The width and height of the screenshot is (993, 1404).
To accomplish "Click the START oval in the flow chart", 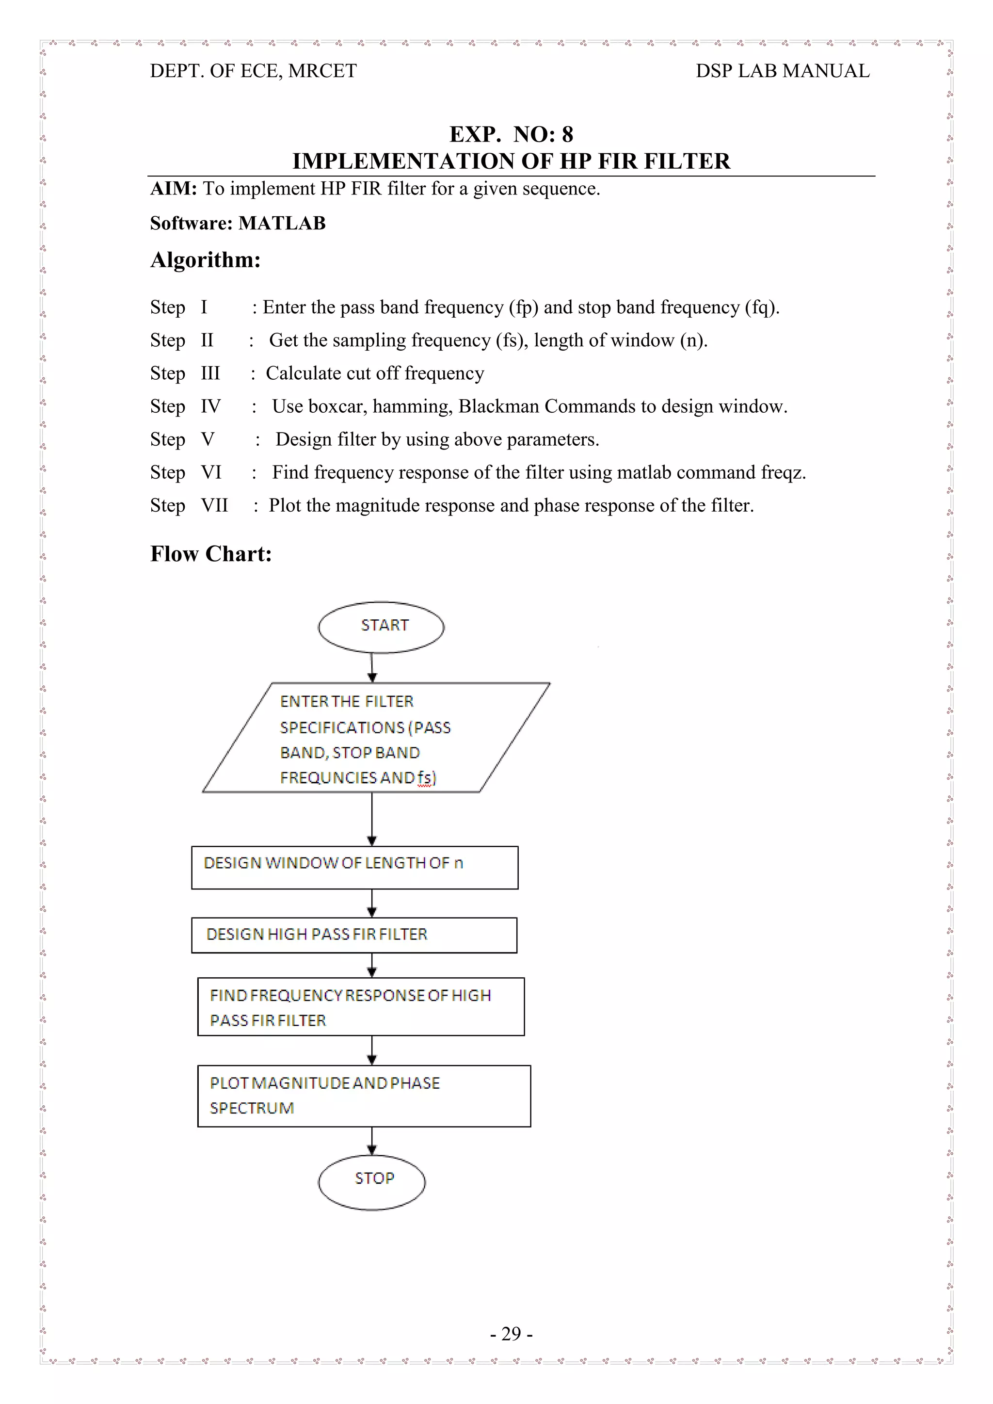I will point(381,626).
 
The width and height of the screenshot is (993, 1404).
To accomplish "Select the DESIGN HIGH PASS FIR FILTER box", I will point(354,935).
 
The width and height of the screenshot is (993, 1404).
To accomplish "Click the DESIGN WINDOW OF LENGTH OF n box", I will point(354,867).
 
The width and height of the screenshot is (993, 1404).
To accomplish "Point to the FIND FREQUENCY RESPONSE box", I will point(361,1006).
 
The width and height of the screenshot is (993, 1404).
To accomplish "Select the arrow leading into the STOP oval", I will point(372,1141).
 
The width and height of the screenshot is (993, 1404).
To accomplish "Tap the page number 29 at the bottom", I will point(511,1333).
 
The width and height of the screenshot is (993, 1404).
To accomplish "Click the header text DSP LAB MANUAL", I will point(782,71).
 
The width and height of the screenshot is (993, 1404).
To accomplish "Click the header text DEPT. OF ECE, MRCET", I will point(253,71).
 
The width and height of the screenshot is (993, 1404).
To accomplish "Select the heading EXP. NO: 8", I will point(511,134).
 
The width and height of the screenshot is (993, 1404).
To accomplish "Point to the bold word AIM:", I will point(174,188).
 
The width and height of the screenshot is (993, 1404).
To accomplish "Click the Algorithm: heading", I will point(206,260).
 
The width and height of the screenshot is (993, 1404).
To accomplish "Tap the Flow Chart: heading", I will point(211,553).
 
